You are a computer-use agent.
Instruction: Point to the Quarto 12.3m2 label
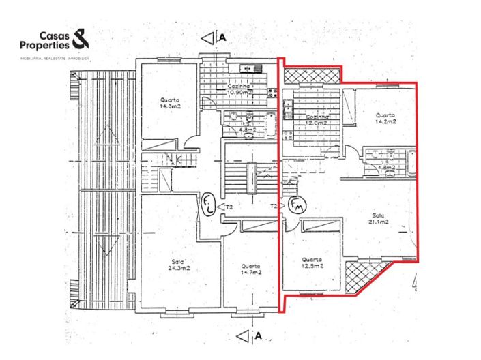point(312,262)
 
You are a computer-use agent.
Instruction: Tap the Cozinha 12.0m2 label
point(318,120)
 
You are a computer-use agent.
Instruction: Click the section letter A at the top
point(222,39)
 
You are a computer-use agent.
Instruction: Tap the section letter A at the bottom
point(258,336)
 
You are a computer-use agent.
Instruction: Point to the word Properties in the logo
point(44,45)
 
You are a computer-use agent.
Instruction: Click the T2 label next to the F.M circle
point(274,206)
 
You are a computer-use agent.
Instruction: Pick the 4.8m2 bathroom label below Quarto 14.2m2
point(386,166)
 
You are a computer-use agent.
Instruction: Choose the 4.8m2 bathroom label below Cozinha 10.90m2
point(248,129)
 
